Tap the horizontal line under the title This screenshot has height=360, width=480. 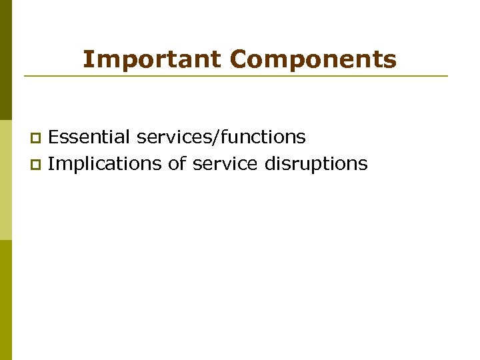coord(236,76)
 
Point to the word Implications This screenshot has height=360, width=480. coord(105,164)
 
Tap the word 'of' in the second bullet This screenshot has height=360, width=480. coord(177,163)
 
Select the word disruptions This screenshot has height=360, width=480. coord(316,164)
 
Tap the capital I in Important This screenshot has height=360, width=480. coord(87,60)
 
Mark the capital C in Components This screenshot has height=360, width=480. coord(239,60)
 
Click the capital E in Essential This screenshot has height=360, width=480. coord(53,137)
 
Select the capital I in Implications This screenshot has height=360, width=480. coord(51,163)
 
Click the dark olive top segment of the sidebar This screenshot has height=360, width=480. coord(6,60)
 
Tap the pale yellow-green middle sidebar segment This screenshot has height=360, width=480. coord(6,180)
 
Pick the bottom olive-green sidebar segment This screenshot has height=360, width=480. coord(6,300)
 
